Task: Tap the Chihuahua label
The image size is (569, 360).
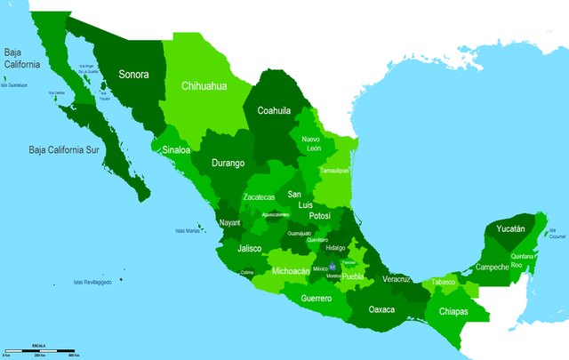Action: pyautogui.click(x=205, y=86)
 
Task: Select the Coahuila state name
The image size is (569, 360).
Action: pyautogui.click(x=274, y=111)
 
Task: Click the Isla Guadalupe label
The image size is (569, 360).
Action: pyautogui.click(x=14, y=85)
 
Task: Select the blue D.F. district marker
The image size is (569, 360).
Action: pyautogui.click(x=332, y=266)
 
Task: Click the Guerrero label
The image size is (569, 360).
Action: pyautogui.click(x=316, y=298)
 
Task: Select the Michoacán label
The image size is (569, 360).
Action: pyautogui.click(x=291, y=270)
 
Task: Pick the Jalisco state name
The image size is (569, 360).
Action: pyautogui.click(x=250, y=249)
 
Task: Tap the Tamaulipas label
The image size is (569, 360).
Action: pyautogui.click(x=335, y=169)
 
